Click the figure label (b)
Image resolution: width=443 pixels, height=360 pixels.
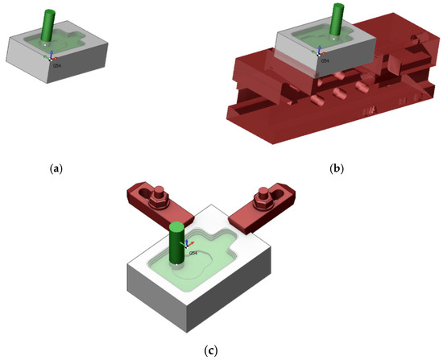[x=337, y=169]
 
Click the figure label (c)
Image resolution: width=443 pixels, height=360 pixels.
[x=210, y=350]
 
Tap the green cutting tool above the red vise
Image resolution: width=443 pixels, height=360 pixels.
[x=333, y=21]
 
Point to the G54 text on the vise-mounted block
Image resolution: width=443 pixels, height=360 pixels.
[x=326, y=60]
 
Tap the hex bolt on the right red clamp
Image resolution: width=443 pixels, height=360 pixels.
[x=262, y=197]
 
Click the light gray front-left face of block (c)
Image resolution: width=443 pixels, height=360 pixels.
[x=156, y=302]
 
